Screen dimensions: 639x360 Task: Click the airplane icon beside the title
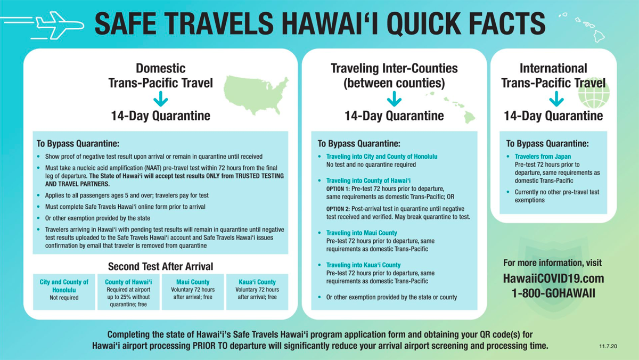click(59, 26)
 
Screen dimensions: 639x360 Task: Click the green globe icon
click(594, 93)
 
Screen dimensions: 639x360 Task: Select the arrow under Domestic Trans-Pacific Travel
click(161, 99)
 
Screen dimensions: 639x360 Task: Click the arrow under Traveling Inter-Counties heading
click(394, 99)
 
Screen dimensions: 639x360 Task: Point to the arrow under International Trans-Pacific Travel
click(556, 99)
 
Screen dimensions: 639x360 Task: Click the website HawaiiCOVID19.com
click(553, 279)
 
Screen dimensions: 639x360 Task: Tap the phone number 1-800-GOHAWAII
click(553, 293)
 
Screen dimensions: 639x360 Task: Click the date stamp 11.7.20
click(608, 346)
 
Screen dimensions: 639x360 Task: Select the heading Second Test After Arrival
click(160, 266)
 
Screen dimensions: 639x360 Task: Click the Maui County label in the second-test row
click(193, 282)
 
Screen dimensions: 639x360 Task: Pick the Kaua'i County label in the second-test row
click(257, 282)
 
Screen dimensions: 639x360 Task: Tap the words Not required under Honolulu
click(64, 298)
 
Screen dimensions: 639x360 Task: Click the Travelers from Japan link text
click(543, 157)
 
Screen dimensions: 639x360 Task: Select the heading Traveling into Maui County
click(362, 233)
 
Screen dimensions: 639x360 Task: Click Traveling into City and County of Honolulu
click(382, 157)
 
